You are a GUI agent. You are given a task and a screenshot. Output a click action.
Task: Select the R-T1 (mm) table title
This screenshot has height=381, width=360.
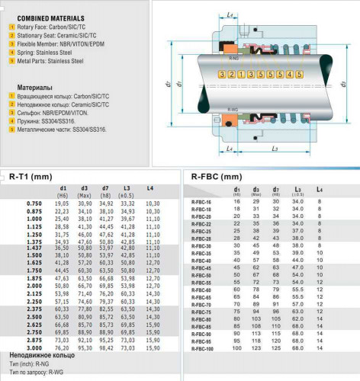click(x=31, y=177)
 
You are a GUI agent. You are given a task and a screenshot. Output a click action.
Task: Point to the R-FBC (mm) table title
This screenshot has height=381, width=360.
click(x=221, y=177)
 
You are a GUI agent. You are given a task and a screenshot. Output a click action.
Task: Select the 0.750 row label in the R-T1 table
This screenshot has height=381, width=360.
click(x=34, y=203)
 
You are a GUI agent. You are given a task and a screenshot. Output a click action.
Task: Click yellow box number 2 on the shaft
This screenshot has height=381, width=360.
click(x=231, y=75)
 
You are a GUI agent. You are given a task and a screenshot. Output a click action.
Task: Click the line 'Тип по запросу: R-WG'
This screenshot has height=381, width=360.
click(x=38, y=372)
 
